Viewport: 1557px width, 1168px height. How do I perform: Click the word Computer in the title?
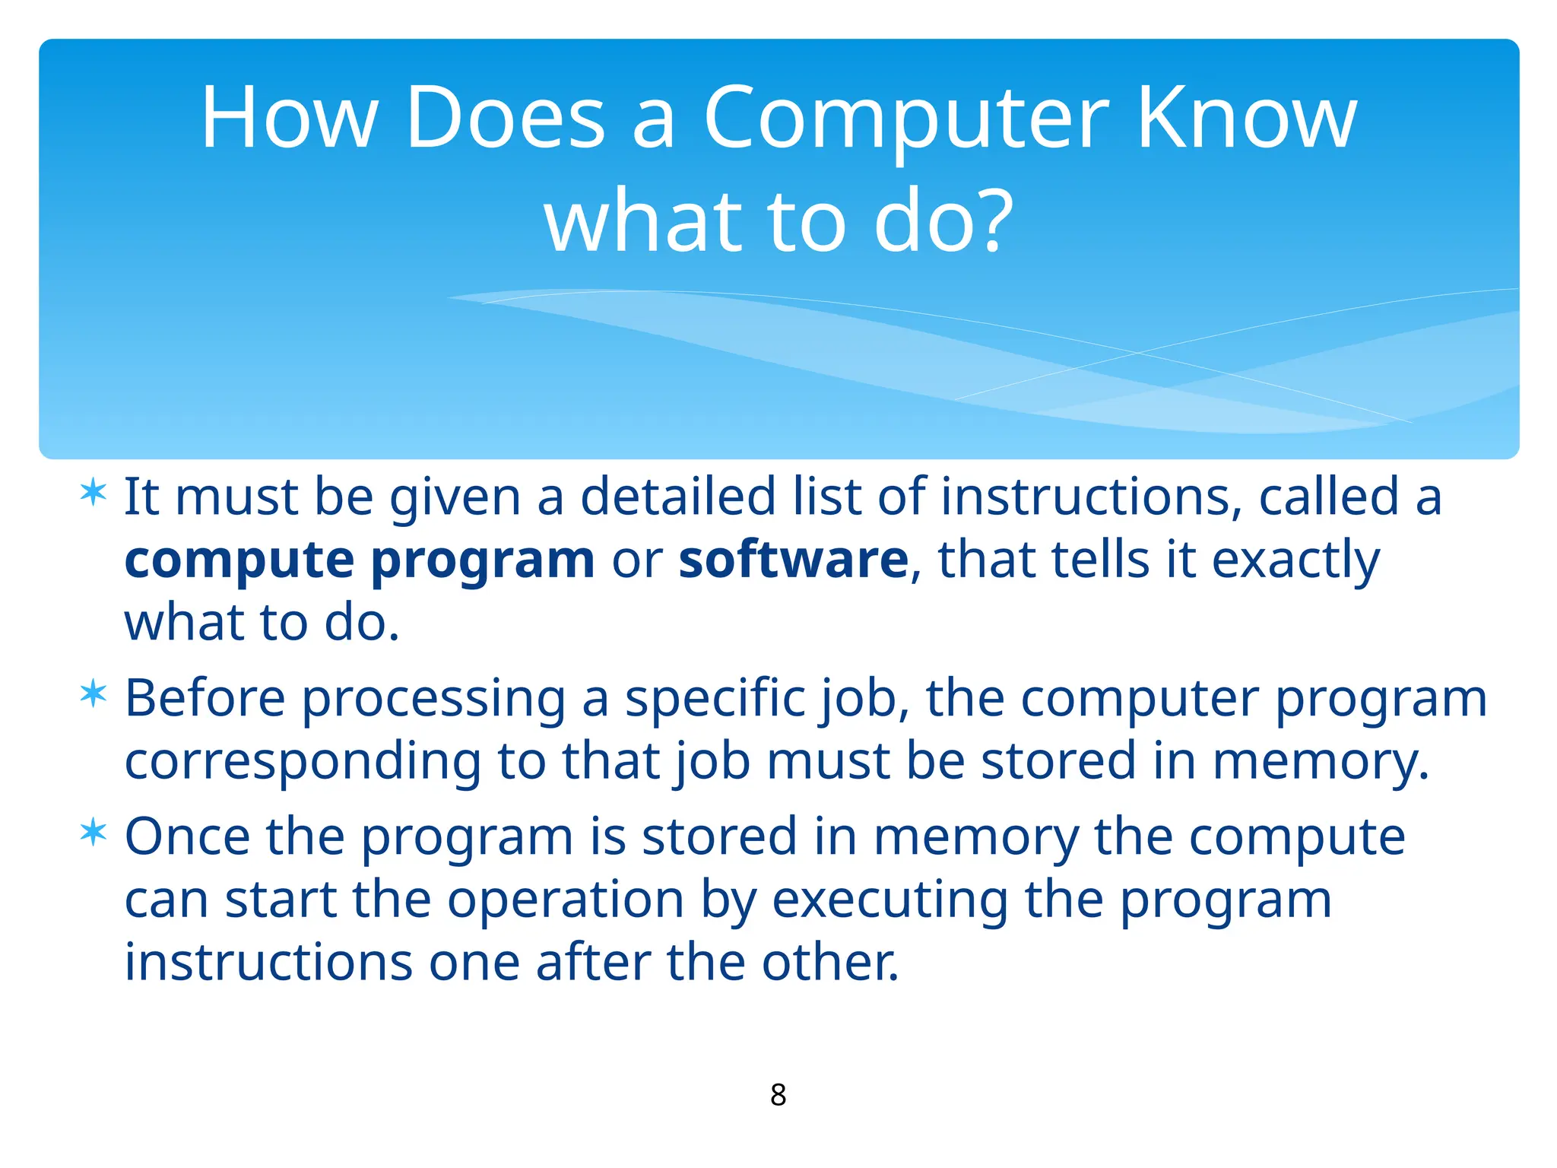[x=906, y=119]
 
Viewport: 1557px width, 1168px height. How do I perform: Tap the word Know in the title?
[x=1247, y=119]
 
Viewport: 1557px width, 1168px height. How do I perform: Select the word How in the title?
[x=289, y=119]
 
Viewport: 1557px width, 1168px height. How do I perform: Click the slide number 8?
[x=778, y=1095]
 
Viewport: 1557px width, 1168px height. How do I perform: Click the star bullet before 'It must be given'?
[x=94, y=494]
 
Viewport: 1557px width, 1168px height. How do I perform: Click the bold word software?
[x=793, y=560]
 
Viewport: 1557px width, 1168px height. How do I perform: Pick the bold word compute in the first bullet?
[x=239, y=561]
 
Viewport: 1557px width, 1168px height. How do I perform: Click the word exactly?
[x=1295, y=561]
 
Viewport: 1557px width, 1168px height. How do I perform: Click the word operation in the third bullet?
[x=566, y=900]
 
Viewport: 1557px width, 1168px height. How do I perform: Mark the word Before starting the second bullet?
[x=205, y=698]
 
